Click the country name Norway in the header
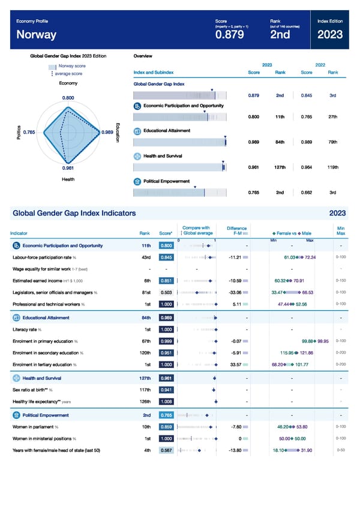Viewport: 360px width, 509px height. pos(37,35)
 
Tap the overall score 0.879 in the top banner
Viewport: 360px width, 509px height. pos(229,35)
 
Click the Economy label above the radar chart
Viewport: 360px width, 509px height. pos(68,83)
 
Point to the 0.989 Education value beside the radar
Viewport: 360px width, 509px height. pos(108,132)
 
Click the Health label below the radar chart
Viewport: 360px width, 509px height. pos(68,179)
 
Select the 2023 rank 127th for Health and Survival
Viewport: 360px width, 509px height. pos(280,167)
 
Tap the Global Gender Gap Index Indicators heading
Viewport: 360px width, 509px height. pos(74,213)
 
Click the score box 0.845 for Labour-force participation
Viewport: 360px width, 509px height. pos(167,258)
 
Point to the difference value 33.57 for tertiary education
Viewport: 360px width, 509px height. pos(234,364)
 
